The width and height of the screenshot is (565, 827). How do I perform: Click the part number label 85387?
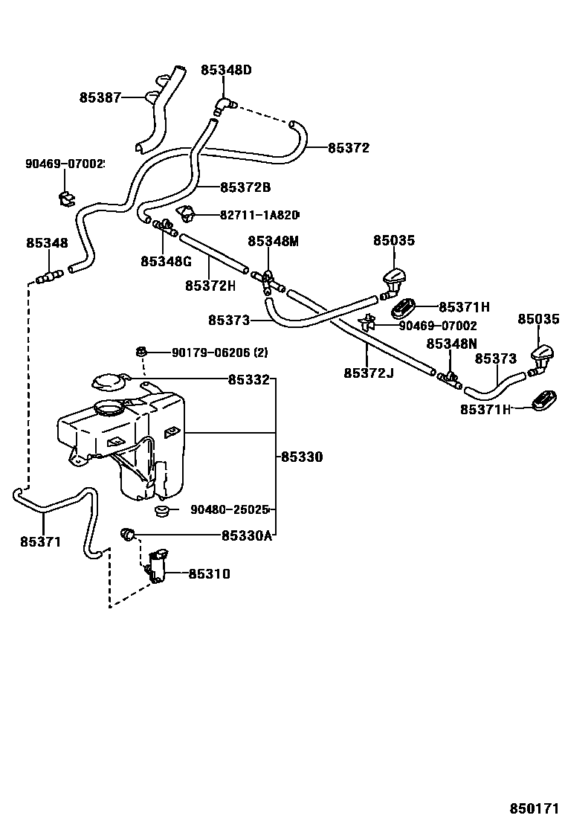click(x=100, y=97)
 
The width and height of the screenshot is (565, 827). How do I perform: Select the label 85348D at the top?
click(x=226, y=71)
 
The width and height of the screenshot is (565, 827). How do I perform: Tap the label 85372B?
click(x=245, y=187)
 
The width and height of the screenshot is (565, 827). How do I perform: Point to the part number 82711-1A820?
click(x=259, y=215)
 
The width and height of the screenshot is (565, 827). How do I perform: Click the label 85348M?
click(x=273, y=241)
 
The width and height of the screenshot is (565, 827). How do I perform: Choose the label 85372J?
click(x=368, y=372)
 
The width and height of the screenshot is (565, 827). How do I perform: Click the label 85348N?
click(x=451, y=344)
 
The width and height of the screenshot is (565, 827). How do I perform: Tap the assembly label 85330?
click(x=302, y=457)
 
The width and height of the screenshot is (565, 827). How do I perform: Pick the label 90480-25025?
click(x=229, y=510)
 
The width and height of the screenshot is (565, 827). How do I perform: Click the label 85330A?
click(x=247, y=535)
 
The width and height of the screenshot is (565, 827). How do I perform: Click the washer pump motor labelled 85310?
click(x=158, y=565)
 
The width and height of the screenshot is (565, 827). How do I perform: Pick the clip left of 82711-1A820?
click(x=185, y=215)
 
